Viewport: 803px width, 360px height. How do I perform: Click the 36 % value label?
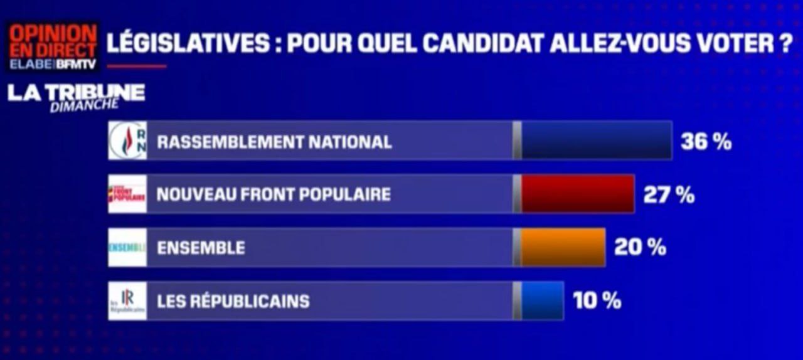point(706,142)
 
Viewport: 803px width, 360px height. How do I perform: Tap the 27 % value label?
point(669,195)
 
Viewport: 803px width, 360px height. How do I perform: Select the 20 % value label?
point(640,248)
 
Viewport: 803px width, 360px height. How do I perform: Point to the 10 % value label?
point(597,301)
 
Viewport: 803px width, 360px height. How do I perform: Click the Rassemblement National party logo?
point(127,140)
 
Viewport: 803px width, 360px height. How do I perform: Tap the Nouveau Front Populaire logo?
point(127,194)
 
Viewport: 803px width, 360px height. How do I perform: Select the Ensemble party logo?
point(127,248)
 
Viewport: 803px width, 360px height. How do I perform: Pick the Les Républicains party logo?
point(127,301)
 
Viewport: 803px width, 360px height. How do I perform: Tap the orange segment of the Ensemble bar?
point(563,248)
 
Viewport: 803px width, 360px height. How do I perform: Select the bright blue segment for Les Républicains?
point(542,301)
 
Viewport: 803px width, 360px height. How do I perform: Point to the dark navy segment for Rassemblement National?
point(596,140)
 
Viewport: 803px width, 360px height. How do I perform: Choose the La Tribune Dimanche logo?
point(76,97)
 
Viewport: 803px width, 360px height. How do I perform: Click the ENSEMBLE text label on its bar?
point(201,248)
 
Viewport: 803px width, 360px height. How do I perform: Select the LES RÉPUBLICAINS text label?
point(233,302)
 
